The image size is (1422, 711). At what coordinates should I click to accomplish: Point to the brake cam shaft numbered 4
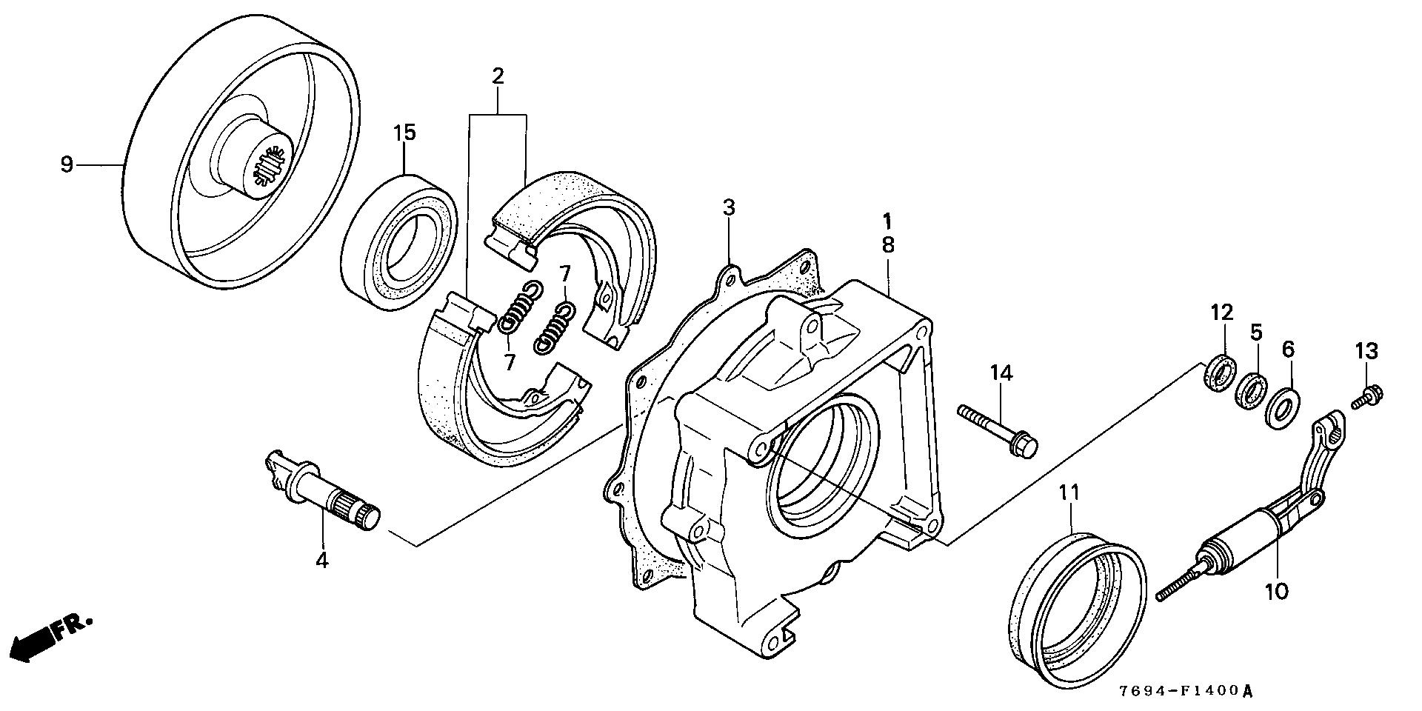point(323,493)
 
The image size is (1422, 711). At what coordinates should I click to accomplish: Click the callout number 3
point(730,208)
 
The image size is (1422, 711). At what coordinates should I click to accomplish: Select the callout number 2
point(498,76)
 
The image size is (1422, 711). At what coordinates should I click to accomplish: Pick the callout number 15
point(404,133)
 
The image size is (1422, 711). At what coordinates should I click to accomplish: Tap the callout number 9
point(67,164)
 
